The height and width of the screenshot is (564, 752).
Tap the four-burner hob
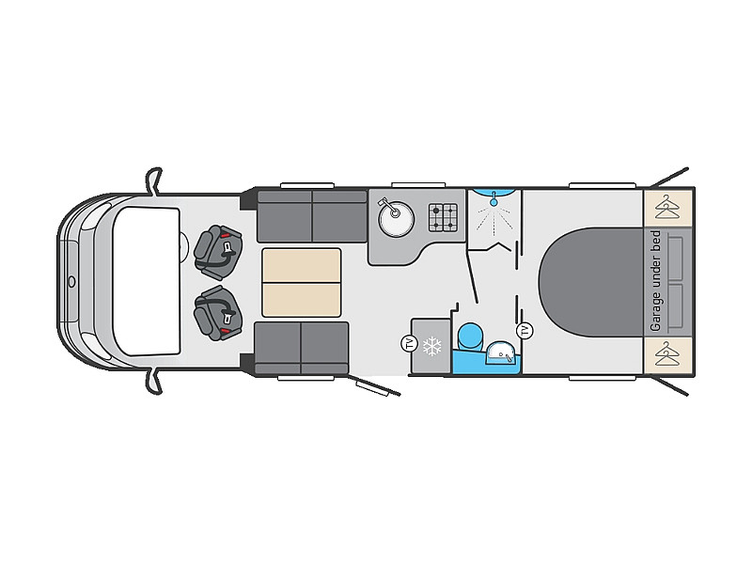point(445,219)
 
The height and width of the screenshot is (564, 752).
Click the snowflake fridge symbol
point(432,347)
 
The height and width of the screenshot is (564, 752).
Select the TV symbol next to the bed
point(525,330)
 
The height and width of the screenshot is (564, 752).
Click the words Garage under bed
point(655,282)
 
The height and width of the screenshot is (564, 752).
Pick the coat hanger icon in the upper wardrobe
point(668,207)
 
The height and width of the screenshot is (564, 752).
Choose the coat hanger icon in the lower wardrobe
point(668,356)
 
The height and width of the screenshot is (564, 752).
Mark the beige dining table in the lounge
point(301,282)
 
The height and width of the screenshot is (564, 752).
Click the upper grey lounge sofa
point(311,217)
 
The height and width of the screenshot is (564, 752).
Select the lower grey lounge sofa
point(301,348)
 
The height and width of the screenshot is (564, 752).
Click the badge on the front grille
point(70,281)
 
